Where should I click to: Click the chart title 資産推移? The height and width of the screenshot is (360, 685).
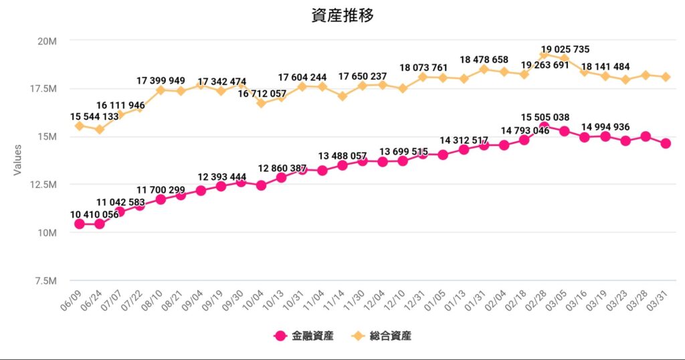342,15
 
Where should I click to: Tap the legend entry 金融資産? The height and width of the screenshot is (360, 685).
304,336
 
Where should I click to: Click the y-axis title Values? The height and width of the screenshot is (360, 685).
18,161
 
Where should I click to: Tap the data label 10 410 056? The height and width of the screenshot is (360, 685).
94,214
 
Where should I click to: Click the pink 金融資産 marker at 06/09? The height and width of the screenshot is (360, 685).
79,223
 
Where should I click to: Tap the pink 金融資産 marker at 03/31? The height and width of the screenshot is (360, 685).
666,143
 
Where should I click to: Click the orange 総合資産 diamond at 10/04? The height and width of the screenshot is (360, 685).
261,103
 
